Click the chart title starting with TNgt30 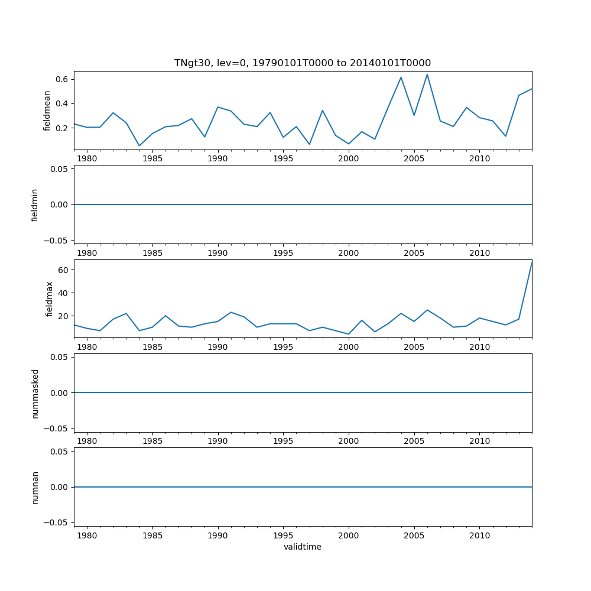pyautogui.click(x=302, y=63)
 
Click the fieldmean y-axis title pyautogui.click(x=47, y=111)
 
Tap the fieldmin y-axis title pyautogui.click(x=35, y=204)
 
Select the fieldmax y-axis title pyautogui.click(x=50, y=298)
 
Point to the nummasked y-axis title pyautogui.click(x=35, y=393)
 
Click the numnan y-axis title pyautogui.click(x=35, y=487)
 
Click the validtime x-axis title pyautogui.click(x=302, y=547)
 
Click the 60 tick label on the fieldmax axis pyautogui.click(x=64, y=270)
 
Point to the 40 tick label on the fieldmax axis pyautogui.click(x=64, y=293)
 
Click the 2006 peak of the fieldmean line pyautogui.click(x=427, y=74)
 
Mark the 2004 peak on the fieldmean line pyautogui.click(x=401, y=77)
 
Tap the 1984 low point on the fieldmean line pyautogui.click(x=139, y=145)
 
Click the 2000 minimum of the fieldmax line pyautogui.click(x=349, y=334)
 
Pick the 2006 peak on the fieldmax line pyautogui.click(x=427, y=310)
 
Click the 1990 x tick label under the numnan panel pyautogui.click(x=218, y=535)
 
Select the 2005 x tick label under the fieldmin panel pyautogui.click(x=414, y=252)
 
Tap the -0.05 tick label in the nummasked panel pyautogui.click(x=58, y=428)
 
